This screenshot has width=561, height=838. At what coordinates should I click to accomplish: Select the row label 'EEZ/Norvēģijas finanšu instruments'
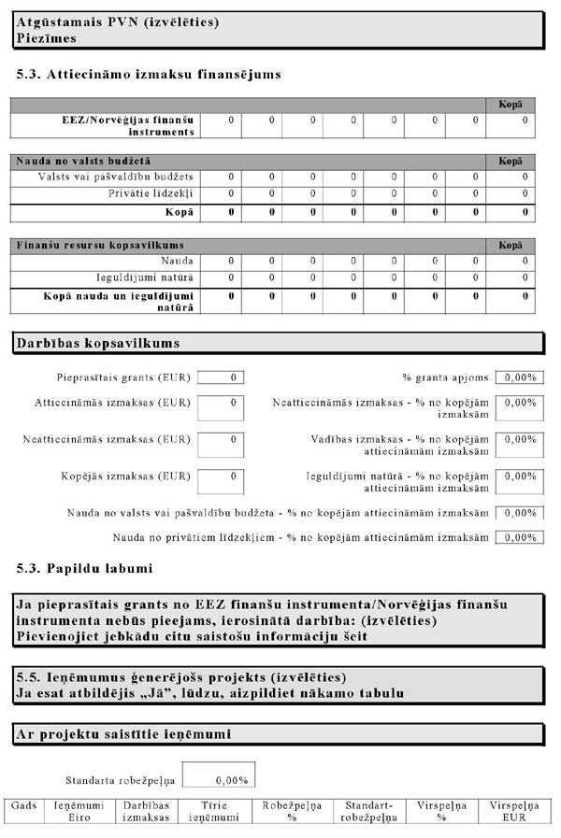(125, 126)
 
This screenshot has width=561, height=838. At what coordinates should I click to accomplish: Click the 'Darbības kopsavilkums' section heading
(98, 344)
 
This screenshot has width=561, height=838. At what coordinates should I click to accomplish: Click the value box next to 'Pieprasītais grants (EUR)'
(221, 377)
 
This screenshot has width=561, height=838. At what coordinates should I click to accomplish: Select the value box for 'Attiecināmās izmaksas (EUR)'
(221, 408)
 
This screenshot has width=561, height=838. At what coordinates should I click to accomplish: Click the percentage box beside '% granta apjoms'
(517, 377)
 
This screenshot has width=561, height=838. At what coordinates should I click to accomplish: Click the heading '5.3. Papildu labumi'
(85, 568)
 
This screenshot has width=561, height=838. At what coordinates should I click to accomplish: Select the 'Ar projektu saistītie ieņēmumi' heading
(123, 735)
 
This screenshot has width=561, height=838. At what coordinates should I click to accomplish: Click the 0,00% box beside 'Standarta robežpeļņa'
(218, 777)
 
